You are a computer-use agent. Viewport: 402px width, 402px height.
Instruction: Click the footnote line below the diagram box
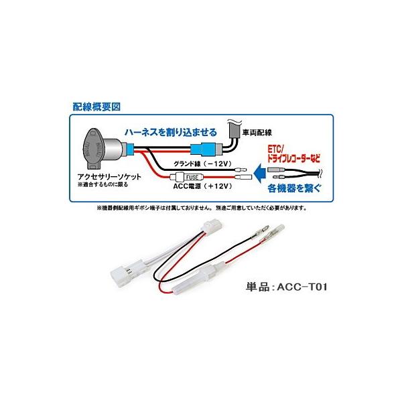[201, 208]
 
